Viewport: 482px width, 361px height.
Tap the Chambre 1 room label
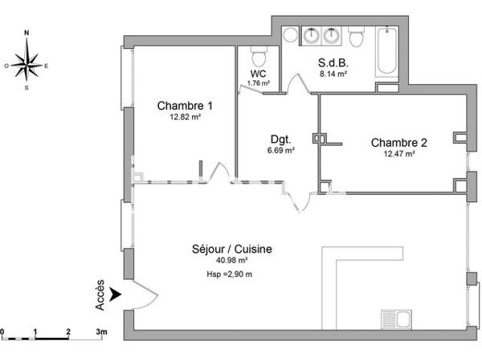tap(185, 105)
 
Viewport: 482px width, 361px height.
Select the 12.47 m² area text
tap(398, 154)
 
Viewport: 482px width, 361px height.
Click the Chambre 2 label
tap(398, 143)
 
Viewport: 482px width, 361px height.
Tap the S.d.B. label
tap(333, 63)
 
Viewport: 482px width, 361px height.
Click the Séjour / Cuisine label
tap(231, 249)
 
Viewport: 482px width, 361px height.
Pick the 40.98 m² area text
tap(231, 261)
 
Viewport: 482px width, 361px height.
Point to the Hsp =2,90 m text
tap(229, 274)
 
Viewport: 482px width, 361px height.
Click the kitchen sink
tap(395, 318)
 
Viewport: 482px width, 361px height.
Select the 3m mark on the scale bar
tap(101, 331)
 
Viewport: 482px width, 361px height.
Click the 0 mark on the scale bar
tap(2, 331)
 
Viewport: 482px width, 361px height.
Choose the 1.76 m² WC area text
tap(259, 83)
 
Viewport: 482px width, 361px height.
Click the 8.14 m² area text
tap(333, 74)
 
